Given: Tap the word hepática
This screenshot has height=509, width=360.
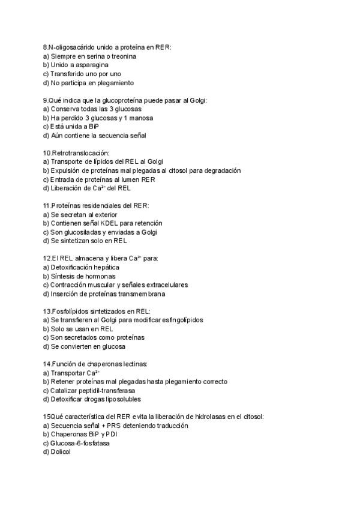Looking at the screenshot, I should [106, 267].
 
